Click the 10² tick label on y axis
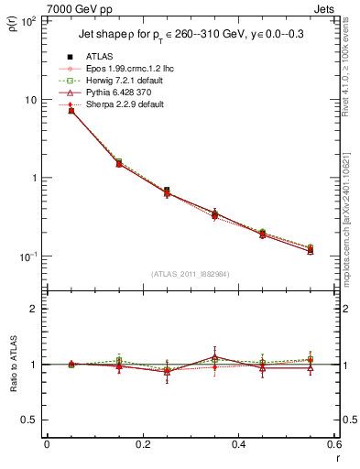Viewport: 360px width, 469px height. click(x=27, y=21)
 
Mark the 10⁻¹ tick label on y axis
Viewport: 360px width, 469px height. click(x=27, y=256)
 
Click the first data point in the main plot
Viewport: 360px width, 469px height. click(x=71, y=111)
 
